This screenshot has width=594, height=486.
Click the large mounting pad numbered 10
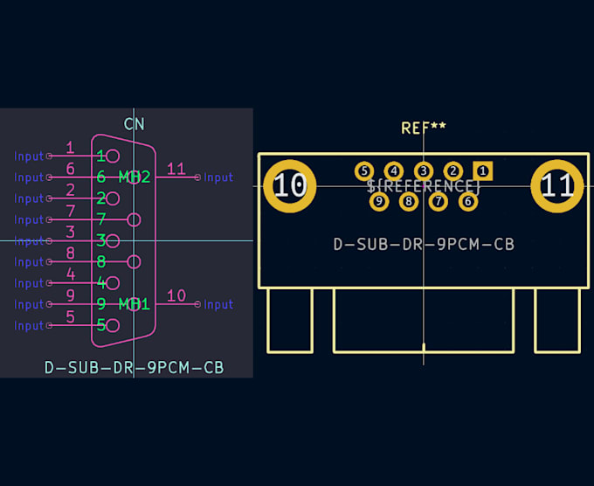[x=290, y=185]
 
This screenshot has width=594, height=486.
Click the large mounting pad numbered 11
[x=557, y=185]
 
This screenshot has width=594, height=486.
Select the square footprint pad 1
[x=482, y=170]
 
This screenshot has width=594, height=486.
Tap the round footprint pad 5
[x=364, y=170]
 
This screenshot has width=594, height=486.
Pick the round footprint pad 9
[x=378, y=202]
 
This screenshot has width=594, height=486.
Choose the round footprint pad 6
[x=468, y=202]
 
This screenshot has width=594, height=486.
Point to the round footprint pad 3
[x=424, y=170]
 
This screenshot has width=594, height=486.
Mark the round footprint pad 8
[x=409, y=202]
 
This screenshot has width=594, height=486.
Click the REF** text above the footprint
[x=424, y=128]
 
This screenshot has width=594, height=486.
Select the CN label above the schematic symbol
[x=134, y=124]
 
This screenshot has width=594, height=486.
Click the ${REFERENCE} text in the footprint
[x=424, y=186]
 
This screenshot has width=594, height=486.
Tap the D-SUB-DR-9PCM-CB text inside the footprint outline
[x=424, y=245]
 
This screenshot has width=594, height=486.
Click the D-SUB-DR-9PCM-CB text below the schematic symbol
[x=134, y=368]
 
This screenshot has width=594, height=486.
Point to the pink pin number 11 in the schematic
[x=176, y=170]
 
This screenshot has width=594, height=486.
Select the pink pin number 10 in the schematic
[x=176, y=296]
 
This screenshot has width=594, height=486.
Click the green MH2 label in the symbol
[x=135, y=177]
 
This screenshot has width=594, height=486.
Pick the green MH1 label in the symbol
[x=135, y=304]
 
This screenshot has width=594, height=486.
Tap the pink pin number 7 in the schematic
[x=70, y=212]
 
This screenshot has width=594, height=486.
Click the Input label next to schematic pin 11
[x=218, y=177]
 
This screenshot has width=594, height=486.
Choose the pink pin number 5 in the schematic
[x=70, y=317]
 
